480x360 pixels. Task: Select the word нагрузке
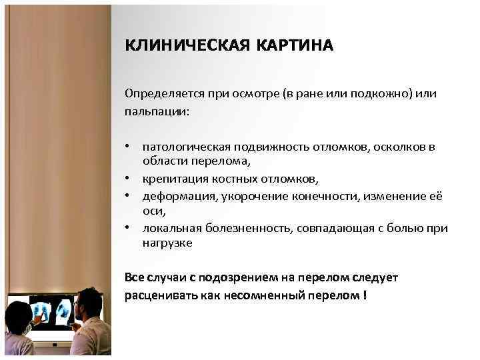(167, 244)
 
